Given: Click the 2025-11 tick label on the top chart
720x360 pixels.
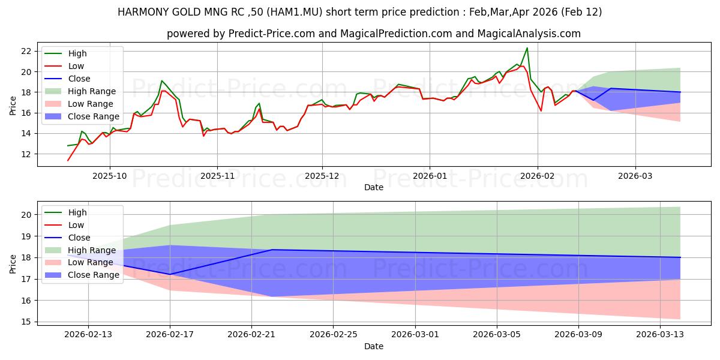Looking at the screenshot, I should (x=217, y=176).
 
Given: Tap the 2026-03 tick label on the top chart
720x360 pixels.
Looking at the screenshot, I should (x=635, y=176).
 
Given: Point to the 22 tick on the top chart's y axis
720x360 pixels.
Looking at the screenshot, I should (x=26, y=51).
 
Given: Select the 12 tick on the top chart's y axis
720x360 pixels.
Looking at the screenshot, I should (x=26, y=154).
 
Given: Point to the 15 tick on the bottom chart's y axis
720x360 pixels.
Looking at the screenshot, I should (x=26, y=322).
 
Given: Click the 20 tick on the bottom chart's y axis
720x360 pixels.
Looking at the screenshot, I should (x=26, y=215).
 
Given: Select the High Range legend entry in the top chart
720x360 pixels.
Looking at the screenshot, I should (x=92, y=91).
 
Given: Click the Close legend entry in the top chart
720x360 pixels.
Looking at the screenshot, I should (x=79, y=79).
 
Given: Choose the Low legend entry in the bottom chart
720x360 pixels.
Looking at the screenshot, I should (x=76, y=225).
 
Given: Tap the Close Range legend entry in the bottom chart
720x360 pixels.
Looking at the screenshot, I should (x=91, y=275).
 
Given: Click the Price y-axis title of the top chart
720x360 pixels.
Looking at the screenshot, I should (x=13, y=106).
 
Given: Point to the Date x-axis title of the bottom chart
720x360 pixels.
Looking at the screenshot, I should (x=374, y=346).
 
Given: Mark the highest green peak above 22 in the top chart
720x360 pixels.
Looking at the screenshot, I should (x=527, y=48).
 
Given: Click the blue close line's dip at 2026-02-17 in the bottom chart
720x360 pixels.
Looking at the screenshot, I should (x=170, y=274).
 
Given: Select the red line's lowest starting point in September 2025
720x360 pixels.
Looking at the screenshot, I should (x=68, y=160).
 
